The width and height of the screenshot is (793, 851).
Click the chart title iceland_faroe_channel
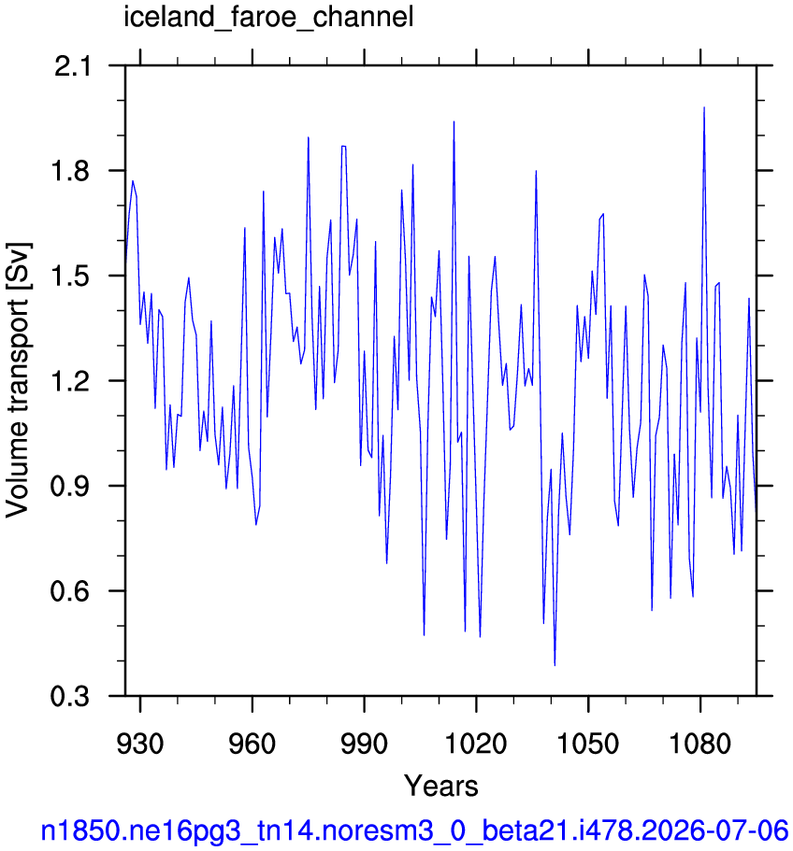click(x=269, y=18)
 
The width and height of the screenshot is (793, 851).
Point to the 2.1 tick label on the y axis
click(x=72, y=67)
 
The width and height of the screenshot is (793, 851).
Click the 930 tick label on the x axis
click(x=140, y=744)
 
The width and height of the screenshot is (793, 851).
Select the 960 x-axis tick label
click(x=252, y=744)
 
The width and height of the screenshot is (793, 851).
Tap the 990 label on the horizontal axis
click(x=364, y=744)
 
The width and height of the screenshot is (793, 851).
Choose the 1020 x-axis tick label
click(x=476, y=744)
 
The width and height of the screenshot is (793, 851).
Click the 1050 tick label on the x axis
click(x=588, y=744)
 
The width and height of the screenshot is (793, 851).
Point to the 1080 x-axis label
click(x=700, y=744)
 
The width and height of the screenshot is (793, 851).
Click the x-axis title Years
click(x=441, y=787)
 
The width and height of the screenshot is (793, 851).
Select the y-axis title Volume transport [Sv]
click(x=18, y=380)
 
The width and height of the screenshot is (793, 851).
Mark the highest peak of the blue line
click(x=704, y=107)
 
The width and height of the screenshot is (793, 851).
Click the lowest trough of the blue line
click(x=555, y=665)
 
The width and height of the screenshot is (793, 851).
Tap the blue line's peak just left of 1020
click(x=454, y=121)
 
